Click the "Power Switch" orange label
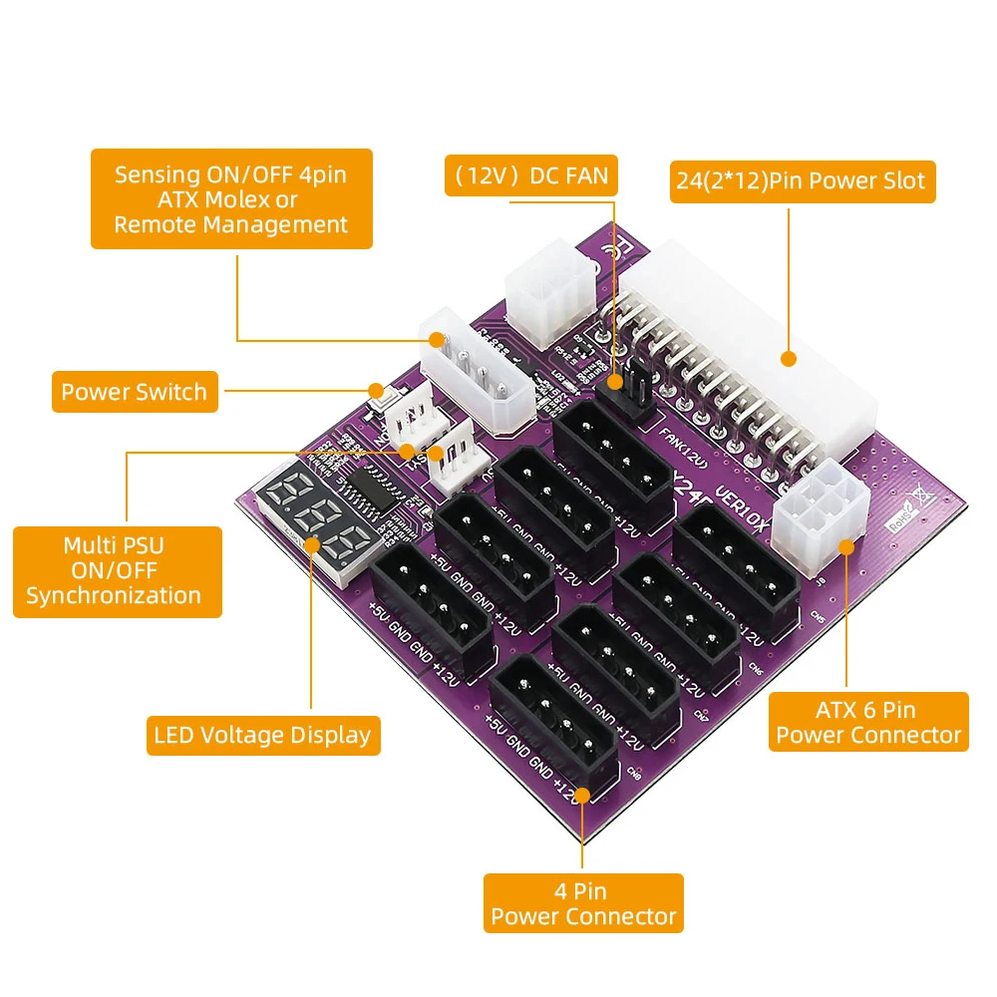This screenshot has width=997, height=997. [x=134, y=392]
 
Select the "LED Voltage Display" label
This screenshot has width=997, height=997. [x=263, y=736]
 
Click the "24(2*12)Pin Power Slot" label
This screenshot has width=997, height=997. [x=802, y=181]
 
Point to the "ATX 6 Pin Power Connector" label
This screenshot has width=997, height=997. [x=868, y=722]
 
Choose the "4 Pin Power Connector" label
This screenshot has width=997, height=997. [x=583, y=903]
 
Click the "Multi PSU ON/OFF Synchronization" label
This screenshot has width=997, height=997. [x=118, y=571]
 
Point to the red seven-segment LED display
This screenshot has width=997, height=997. [x=320, y=518]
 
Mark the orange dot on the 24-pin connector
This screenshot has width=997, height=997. [x=789, y=360]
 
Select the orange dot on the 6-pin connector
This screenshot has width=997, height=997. [x=846, y=544]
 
